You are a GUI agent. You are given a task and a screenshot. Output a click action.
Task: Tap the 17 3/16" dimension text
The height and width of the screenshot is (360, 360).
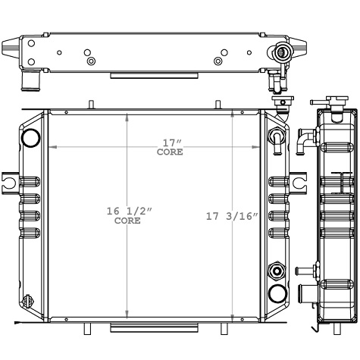(x=232, y=215)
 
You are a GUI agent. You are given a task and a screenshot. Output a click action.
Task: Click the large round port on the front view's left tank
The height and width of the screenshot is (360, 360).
(x=31, y=138)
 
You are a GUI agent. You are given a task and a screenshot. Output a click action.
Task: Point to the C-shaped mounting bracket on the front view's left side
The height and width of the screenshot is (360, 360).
(x=8, y=182)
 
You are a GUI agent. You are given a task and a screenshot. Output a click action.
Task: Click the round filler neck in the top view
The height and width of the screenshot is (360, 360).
(x=283, y=52)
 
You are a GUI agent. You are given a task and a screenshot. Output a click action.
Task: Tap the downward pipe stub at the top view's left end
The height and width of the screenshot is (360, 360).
(x=30, y=78)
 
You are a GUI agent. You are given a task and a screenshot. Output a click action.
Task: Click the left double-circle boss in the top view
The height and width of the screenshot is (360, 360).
(x=90, y=61)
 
